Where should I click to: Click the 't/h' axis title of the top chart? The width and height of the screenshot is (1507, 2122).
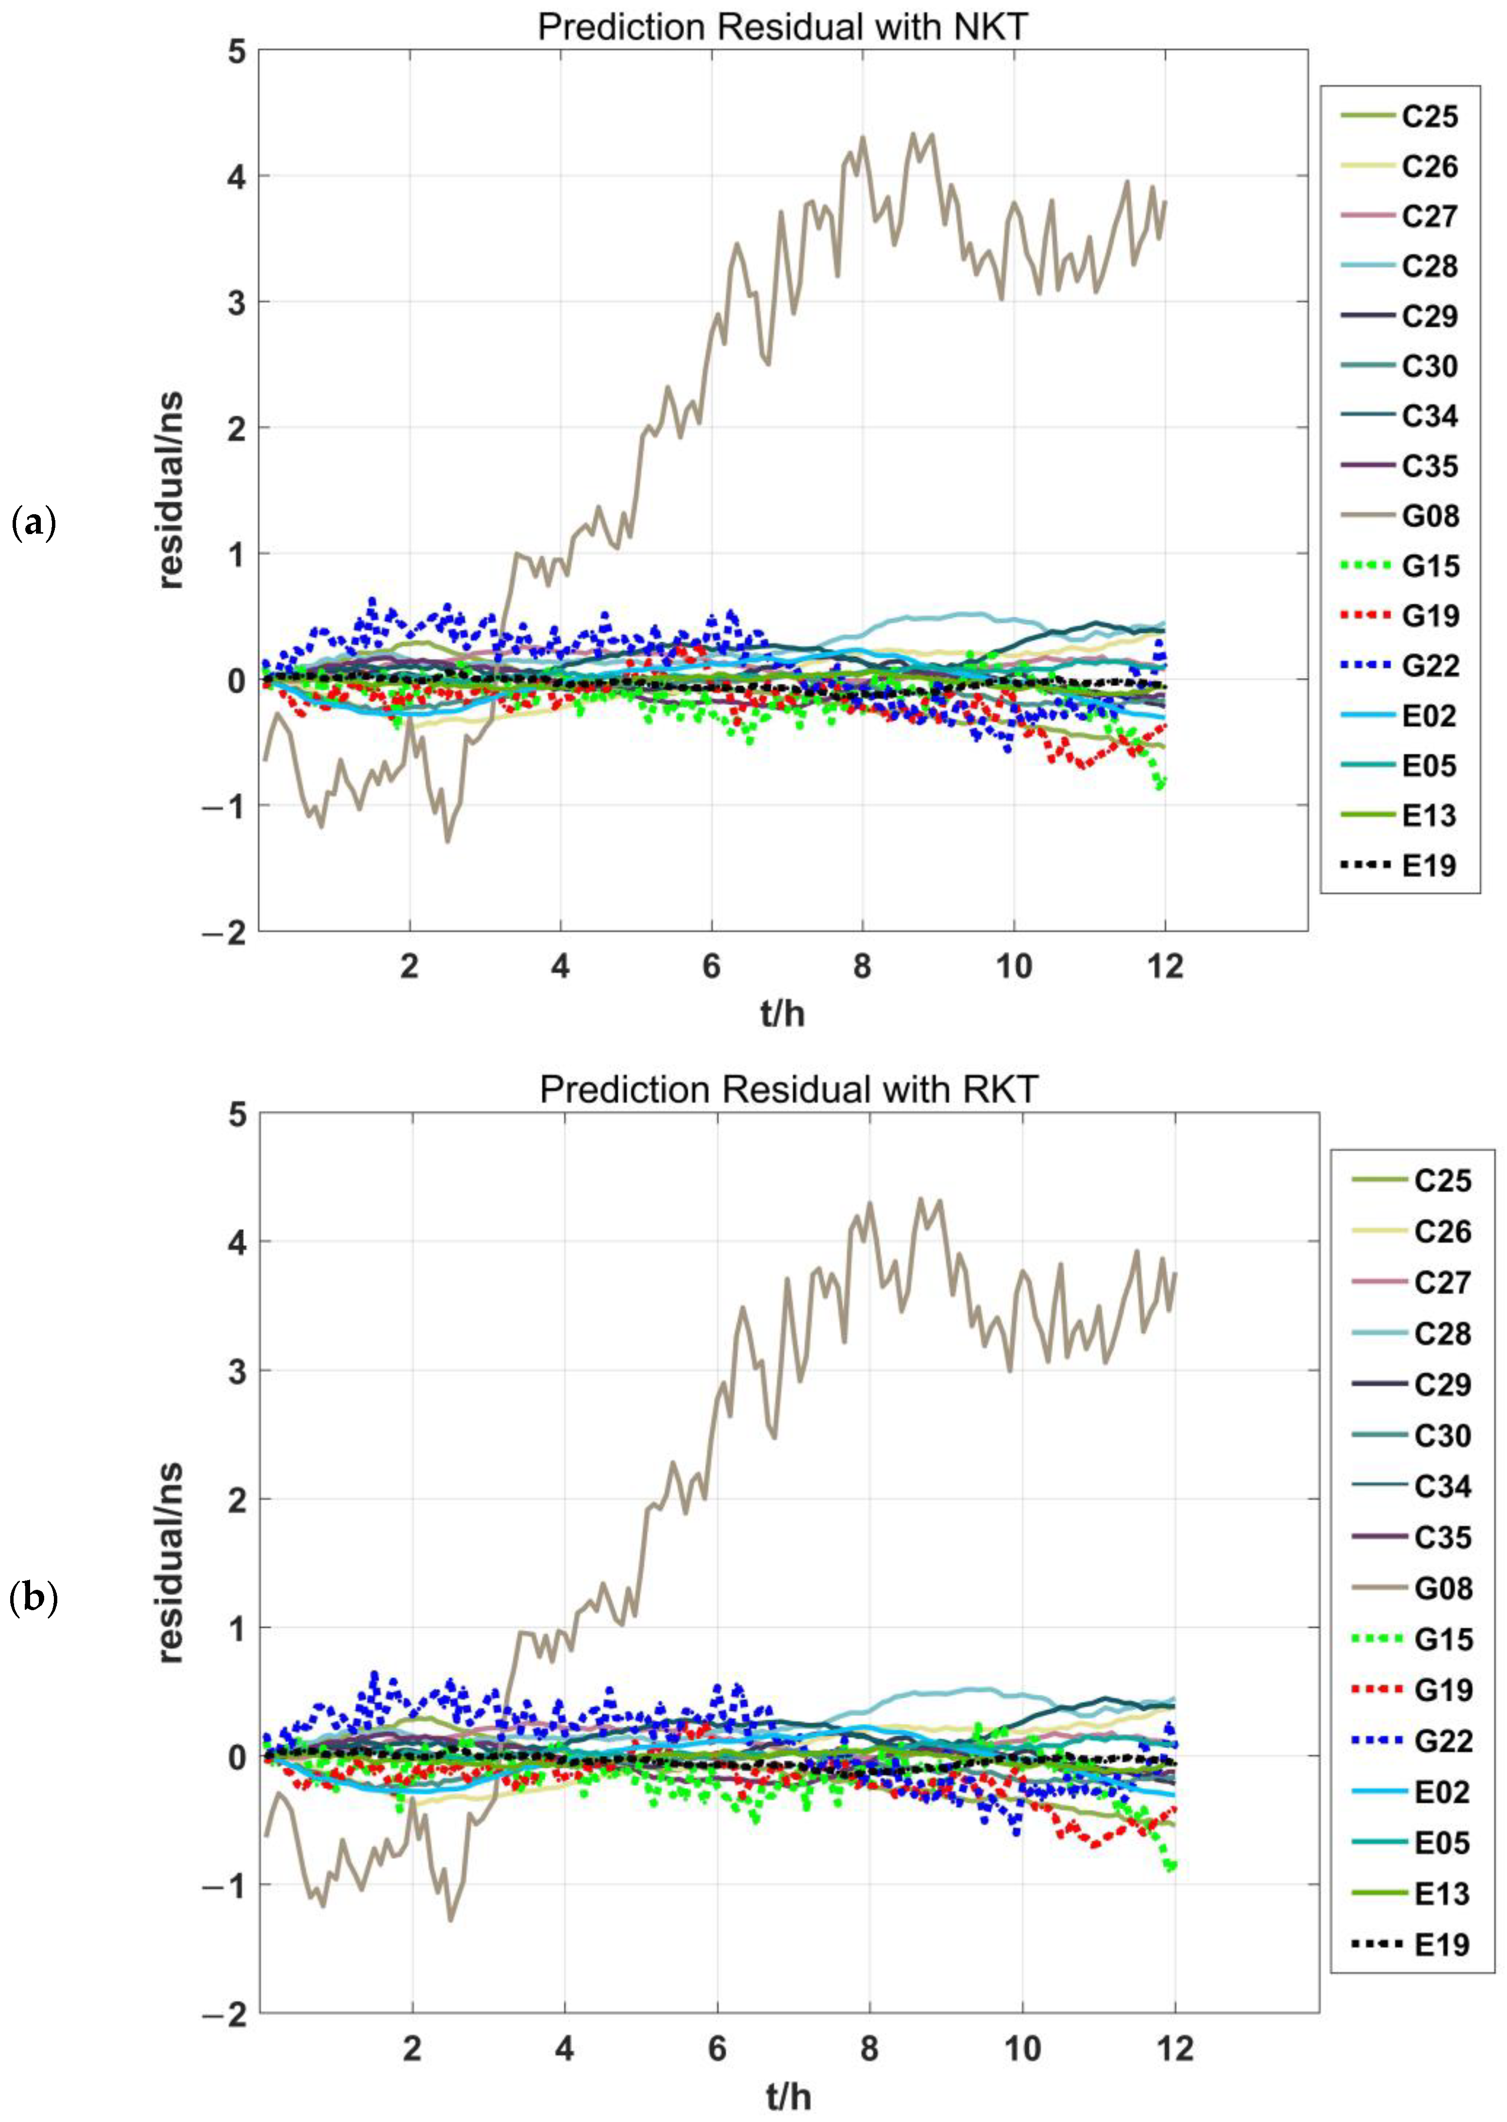782,1014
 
